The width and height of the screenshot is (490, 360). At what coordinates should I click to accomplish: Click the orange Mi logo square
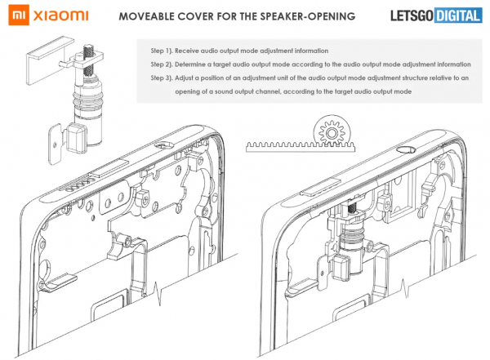(13, 16)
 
